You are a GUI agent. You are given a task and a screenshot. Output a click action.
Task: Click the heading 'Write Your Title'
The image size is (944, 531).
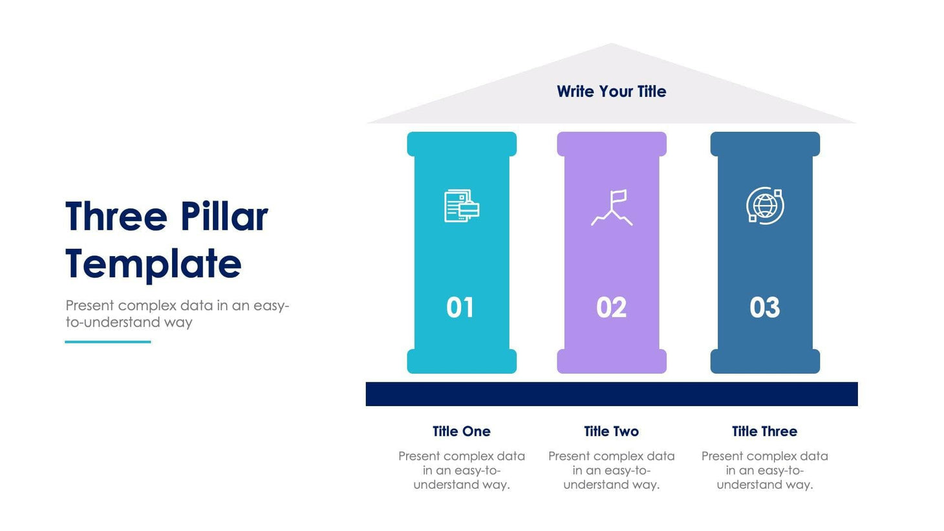[611, 91]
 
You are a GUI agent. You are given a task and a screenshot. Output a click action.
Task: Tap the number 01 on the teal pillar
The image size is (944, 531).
[460, 307]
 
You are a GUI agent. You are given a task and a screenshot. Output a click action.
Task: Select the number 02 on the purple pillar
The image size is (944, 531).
[611, 307]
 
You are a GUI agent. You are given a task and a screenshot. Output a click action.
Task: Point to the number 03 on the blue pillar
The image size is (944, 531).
[764, 307]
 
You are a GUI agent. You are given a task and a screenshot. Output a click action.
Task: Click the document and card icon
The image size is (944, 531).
[462, 206]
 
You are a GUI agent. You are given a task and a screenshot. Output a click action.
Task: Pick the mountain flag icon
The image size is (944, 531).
[612, 208]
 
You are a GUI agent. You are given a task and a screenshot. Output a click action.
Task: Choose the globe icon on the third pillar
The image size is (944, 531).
[765, 206]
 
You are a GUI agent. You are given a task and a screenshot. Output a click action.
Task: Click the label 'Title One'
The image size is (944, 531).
[461, 431]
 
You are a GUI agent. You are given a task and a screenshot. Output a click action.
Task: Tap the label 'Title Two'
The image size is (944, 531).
[611, 431]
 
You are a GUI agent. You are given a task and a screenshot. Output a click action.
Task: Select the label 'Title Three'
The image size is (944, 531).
[764, 431]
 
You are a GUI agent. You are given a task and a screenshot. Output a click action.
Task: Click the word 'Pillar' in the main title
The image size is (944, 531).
[224, 217]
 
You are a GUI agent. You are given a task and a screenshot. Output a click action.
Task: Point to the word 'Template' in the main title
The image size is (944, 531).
[153, 264]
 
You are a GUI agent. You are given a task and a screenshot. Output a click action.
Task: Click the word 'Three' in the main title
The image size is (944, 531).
[116, 217]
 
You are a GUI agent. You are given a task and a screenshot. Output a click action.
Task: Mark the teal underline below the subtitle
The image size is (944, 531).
[108, 341]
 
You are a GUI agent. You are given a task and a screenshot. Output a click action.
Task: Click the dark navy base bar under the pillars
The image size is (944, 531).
[611, 394]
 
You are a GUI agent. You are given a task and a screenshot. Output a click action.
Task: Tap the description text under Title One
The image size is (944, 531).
[461, 470]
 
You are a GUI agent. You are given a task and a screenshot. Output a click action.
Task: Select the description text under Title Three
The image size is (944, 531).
[764, 470]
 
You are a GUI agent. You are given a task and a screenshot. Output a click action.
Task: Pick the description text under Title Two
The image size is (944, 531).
[611, 470]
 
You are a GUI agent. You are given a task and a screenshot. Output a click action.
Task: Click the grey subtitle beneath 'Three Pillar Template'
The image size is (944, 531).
[177, 314]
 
